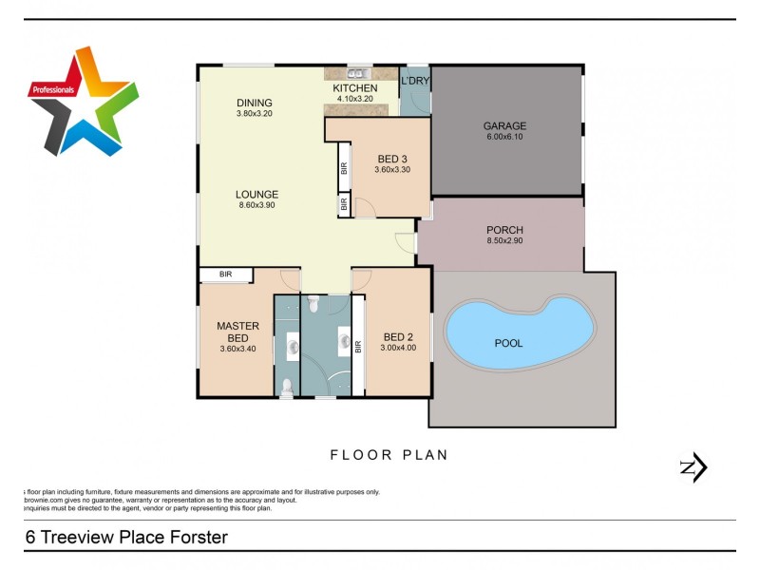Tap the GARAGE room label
[504, 126]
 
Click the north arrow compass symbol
[693, 466]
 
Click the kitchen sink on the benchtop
[358, 73]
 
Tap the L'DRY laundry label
[415, 81]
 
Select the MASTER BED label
[237, 332]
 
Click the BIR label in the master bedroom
[226, 275]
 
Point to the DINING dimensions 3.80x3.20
[255, 114]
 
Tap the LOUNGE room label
[256, 195]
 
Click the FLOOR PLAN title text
[389, 455]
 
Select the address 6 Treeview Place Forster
[126, 537]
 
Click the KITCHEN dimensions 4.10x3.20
[354, 99]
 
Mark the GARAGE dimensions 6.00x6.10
[504, 138]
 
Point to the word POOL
[508, 343]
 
